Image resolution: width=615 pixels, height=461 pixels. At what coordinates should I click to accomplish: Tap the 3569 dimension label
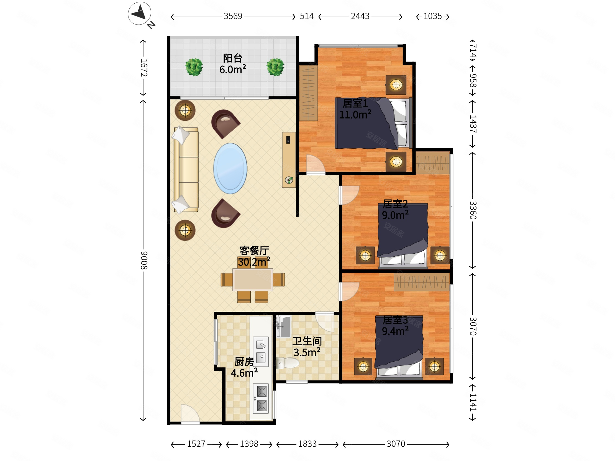(233, 16)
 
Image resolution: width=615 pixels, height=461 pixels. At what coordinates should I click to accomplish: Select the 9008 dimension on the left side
(144, 260)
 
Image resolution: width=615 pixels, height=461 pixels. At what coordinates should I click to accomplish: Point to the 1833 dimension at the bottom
(307, 444)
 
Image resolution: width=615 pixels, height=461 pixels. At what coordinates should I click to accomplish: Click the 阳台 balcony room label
(233, 58)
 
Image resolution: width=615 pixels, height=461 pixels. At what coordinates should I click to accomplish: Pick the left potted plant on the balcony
(194, 67)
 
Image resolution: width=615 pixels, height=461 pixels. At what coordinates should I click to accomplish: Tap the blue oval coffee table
(230, 168)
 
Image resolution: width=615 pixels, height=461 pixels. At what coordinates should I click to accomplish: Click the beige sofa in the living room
(186, 170)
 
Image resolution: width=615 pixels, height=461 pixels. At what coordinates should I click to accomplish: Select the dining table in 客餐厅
(253, 280)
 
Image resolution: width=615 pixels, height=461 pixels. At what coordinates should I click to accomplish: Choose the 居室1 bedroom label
(355, 103)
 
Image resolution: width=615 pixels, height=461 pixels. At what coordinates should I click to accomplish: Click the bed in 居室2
(403, 236)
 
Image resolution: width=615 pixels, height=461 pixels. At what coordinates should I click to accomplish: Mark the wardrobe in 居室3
(422, 282)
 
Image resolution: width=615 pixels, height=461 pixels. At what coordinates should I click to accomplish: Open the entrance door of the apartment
(190, 414)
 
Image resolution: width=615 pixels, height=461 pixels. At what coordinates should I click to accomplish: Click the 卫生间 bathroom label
(307, 341)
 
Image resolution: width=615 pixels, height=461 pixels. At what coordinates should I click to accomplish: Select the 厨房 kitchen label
(244, 362)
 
